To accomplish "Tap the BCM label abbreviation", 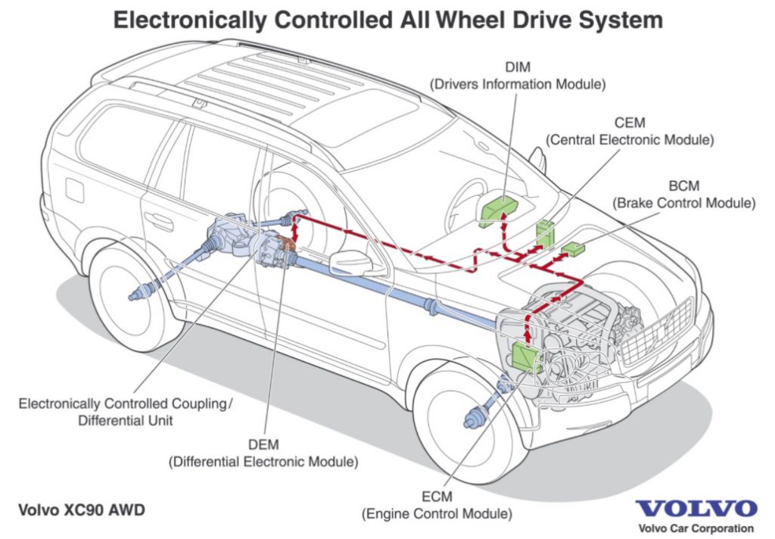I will (683, 186).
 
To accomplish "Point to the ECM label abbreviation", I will (437, 498).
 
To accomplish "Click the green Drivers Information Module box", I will (496, 209).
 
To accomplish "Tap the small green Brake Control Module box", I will (574, 248).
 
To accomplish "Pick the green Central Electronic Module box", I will (545, 231).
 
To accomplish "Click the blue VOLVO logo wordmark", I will (696, 508).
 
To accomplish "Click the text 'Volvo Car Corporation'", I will (696, 528).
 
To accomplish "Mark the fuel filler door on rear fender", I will (74, 187).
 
